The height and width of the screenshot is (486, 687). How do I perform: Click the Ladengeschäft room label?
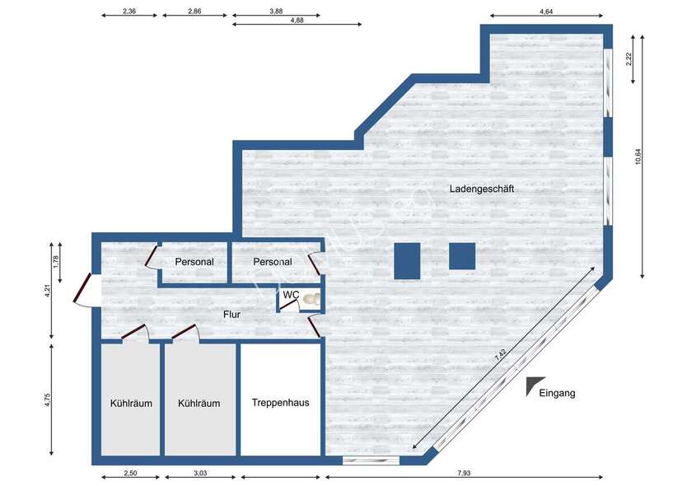click(482, 189)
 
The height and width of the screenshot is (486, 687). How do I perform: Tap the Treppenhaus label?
click(280, 403)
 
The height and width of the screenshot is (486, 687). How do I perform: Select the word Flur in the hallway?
click(231, 314)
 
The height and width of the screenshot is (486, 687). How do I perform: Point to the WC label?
click(291, 295)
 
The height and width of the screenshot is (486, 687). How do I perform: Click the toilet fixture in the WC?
click(311, 300)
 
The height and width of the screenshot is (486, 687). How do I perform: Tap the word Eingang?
click(557, 393)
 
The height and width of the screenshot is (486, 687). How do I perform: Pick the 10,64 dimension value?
click(638, 157)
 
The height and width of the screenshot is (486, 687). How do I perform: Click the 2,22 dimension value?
click(629, 58)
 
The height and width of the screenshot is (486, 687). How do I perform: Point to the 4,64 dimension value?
click(546, 12)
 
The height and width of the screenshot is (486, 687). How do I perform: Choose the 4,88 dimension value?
click(297, 21)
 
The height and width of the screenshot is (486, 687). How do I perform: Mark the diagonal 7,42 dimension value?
click(502, 357)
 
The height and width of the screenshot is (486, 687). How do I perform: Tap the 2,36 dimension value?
click(129, 12)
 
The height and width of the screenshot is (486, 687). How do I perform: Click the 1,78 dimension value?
click(56, 261)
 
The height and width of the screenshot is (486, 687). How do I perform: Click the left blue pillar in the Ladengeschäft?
click(407, 260)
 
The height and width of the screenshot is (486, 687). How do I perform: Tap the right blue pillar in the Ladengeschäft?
click(461, 256)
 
